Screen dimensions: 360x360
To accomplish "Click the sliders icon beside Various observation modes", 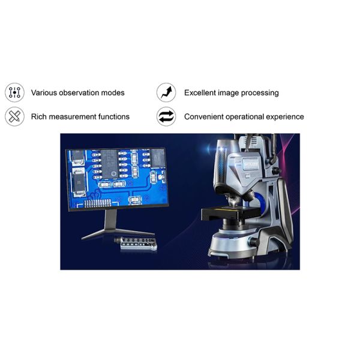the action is click(14, 92).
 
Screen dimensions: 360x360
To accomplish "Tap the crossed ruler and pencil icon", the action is click(14, 116).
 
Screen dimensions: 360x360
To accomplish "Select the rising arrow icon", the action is click(166, 92).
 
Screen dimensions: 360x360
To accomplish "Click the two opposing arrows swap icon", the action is click(166, 116).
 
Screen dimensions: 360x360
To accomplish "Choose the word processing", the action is click(260, 93).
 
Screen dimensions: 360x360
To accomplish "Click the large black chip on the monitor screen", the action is click(110, 164).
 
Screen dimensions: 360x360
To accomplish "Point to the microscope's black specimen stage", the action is click(230, 212).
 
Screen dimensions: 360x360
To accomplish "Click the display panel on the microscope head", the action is click(251, 164).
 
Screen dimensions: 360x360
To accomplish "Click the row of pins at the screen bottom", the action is click(98, 203).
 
